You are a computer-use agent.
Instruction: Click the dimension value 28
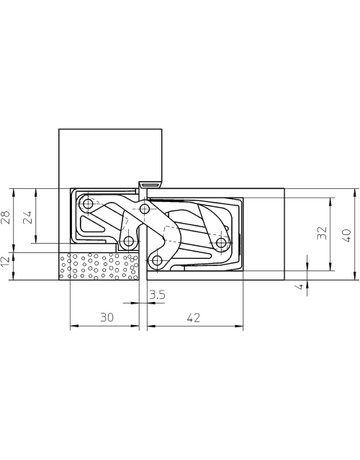tap(9, 217)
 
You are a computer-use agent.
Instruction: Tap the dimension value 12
tap(9, 262)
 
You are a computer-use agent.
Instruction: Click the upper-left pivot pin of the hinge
tap(88, 204)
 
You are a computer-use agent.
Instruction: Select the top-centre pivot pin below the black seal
tap(146, 210)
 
